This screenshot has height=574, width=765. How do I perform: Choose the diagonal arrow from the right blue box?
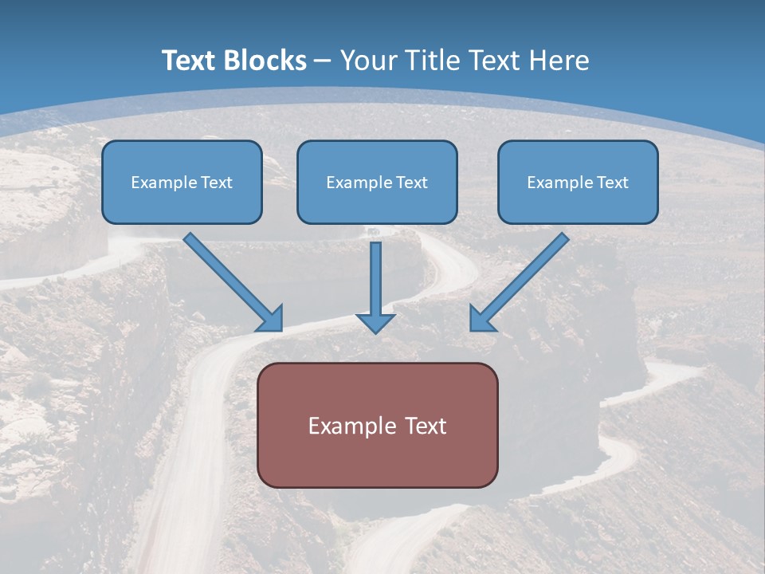[x=522, y=279]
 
